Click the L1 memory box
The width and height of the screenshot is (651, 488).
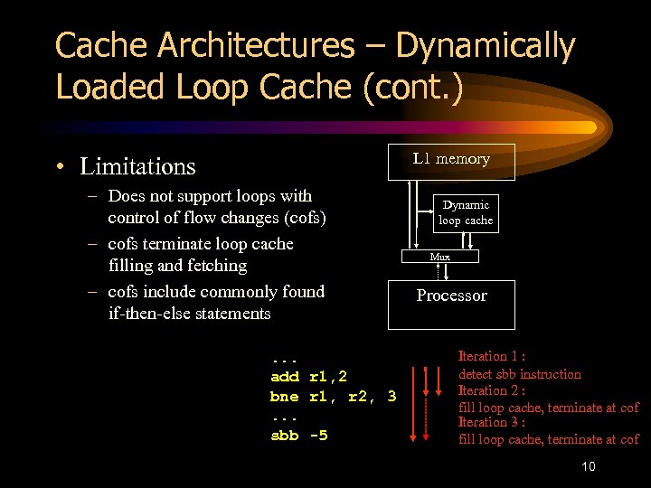[451, 161]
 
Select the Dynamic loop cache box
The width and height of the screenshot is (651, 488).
[465, 212]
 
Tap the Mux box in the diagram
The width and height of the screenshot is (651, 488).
[439, 257]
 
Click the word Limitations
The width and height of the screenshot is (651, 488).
[137, 166]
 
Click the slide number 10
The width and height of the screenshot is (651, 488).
[588, 467]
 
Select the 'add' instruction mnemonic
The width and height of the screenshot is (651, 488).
[284, 376]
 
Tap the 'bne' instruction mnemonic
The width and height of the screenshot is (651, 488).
[284, 396]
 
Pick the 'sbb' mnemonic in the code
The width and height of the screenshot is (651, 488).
[284, 436]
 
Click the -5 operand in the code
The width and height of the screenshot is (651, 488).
[318, 436]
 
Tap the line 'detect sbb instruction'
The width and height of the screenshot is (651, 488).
[520, 374]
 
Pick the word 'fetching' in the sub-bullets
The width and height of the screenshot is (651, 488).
[216, 266]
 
